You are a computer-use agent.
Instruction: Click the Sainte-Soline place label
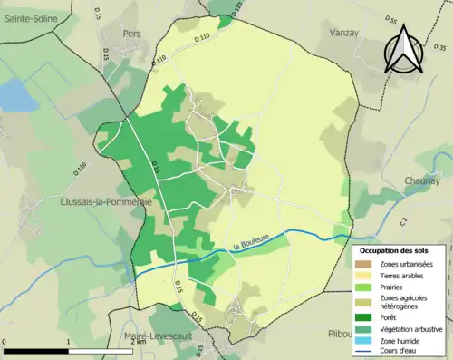pos(30,17)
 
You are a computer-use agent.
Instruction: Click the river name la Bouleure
pos(251,239)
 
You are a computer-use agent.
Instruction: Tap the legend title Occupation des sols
pos(399,249)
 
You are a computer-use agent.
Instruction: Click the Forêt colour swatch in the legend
pos(366,316)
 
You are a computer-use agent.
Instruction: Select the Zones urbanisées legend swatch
pos(366,263)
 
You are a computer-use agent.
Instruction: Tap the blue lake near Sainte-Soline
pos(14,92)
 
